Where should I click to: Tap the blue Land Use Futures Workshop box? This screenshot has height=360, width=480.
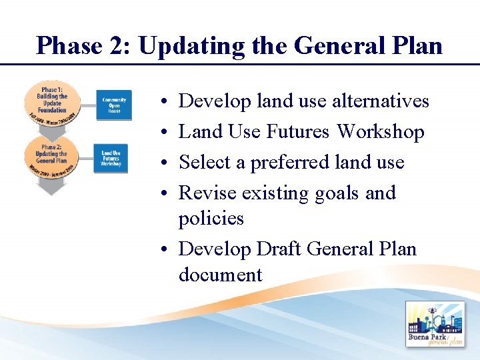pos(111,157)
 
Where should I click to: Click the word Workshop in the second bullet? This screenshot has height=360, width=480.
pos(380,132)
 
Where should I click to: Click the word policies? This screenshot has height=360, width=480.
pos(211,219)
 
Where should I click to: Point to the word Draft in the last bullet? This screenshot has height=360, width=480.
pos(280,249)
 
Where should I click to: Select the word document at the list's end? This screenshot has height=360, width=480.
pos(220,275)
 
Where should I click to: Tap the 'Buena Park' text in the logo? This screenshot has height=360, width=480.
pos(428,337)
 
